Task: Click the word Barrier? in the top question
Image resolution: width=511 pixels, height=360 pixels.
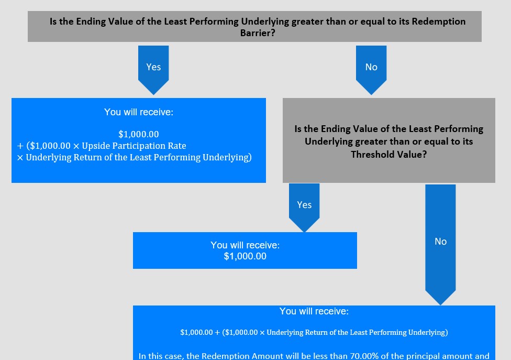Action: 258,33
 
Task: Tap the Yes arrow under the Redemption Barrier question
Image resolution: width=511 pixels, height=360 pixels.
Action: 153,70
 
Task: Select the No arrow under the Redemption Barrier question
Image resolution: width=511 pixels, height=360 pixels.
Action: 371,70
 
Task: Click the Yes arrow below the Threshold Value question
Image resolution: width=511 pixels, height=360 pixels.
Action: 304,208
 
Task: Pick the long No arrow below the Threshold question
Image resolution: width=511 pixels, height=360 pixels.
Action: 440,245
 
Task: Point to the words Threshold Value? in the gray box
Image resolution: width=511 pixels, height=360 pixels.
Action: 389,154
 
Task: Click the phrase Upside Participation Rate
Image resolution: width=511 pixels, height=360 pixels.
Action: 134,146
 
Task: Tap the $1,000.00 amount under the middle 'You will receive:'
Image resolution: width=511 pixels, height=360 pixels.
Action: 245,256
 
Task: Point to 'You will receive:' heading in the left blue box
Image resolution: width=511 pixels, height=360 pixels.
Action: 139,112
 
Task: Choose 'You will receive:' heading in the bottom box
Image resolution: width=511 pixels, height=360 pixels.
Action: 314,311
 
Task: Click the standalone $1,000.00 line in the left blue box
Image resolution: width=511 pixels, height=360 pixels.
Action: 139,134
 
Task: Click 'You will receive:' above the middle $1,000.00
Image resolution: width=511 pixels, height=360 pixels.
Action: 245,245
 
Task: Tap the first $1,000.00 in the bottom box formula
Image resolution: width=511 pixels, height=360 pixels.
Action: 196,332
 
